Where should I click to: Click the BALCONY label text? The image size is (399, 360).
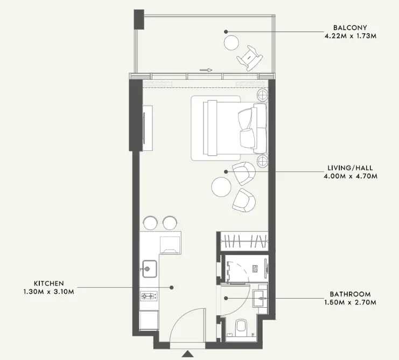coord(350,27)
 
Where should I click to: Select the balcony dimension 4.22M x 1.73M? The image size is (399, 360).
coord(350,36)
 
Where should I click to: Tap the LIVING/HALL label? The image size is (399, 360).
coord(350,168)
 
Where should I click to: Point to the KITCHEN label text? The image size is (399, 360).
coord(49,283)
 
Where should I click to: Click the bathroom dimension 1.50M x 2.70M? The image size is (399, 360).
coord(350,302)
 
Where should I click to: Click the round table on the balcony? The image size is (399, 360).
coord(232,43)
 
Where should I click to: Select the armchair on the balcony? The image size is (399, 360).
coord(250,58)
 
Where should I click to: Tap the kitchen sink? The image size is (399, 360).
coord(149,268)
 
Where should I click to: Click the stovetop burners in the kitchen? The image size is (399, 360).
coord(149,296)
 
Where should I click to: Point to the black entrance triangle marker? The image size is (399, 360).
coord(188,354)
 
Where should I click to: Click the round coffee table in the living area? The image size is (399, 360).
coord(221,186)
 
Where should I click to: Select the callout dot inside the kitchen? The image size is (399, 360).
coord(172,287)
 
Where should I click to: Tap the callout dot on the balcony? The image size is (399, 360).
coord(226,32)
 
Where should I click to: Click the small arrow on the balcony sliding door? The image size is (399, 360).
coord(206,70)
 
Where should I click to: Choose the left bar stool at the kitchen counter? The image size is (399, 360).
coord(151,223)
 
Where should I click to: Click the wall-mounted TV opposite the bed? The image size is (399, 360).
coord(144,128)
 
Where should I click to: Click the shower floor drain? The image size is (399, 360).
coord(255,269)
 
